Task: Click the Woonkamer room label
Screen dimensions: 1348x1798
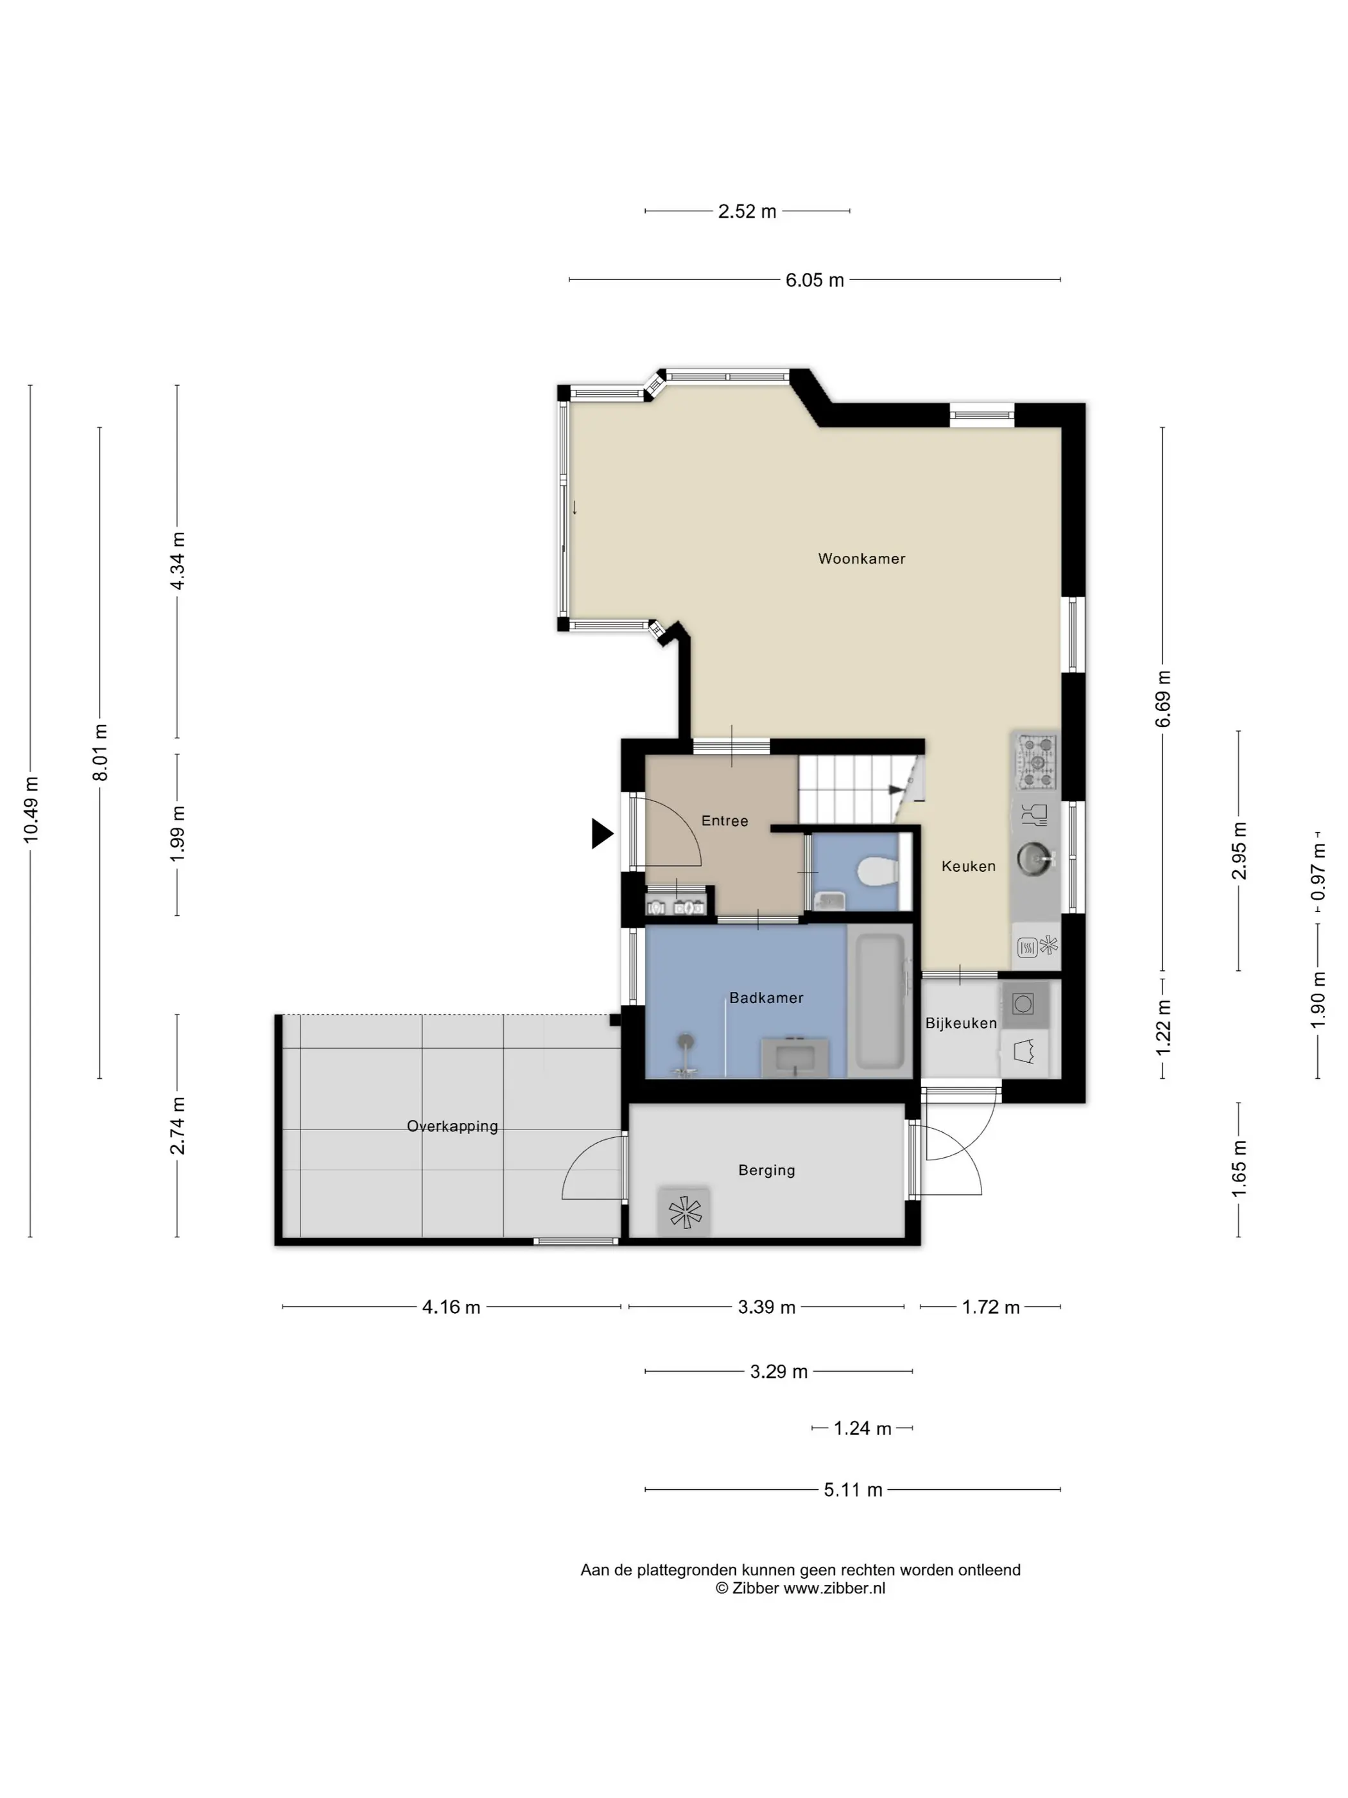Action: [x=861, y=559]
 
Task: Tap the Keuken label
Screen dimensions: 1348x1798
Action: [x=969, y=866]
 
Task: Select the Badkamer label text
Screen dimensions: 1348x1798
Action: [x=766, y=997]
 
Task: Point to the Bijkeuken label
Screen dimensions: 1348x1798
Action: [x=961, y=1024]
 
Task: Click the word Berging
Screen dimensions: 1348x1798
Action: [x=767, y=1171]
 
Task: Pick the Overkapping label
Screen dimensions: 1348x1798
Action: [x=453, y=1126]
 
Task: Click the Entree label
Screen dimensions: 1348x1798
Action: [x=725, y=821]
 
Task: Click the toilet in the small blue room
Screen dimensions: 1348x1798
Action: [x=877, y=873]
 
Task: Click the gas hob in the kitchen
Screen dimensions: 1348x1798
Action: [x=1037, y=762]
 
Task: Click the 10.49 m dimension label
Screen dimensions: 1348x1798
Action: [x=31, y=810]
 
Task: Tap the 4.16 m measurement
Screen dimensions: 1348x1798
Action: [x=451, y=1307]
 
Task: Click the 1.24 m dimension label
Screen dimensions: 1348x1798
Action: [x=862, y=1428]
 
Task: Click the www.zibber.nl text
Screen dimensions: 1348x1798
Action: [x=834, y=1587]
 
